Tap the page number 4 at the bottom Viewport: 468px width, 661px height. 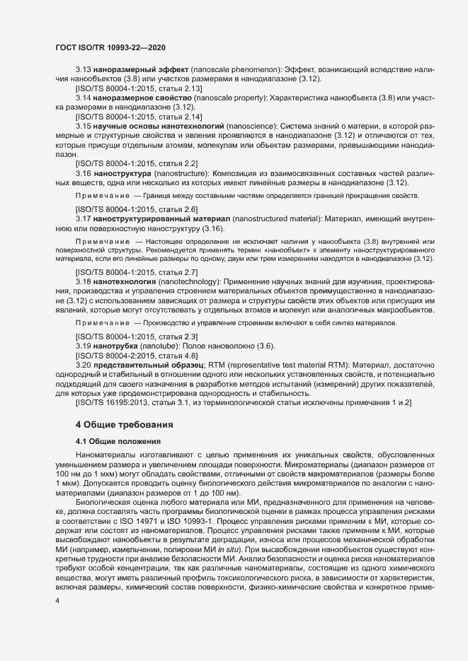point(57,600)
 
